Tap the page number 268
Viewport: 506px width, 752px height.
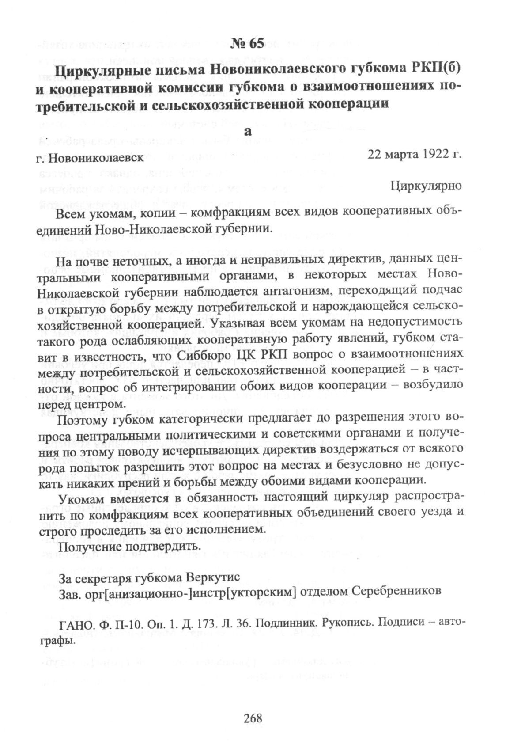[x=253, y=718]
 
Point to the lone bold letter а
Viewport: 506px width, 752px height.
[x=248, y=131]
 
